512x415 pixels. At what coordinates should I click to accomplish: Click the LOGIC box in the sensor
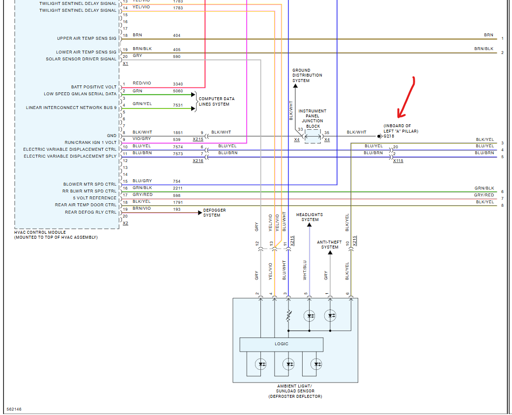(x=281, y=344)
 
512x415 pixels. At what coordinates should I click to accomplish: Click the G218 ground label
(x=389, y=136)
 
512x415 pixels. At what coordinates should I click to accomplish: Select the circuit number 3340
(x=178, y=84)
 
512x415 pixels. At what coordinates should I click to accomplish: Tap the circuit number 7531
(x=178, y=105)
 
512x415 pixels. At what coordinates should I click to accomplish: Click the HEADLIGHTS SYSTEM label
(x=310, y=217)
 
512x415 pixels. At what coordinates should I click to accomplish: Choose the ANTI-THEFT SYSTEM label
(x=330, y=245)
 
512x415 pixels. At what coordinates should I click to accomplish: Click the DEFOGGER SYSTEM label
(x=215, y=213)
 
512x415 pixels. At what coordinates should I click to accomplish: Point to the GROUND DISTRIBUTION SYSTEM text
(x=307, y=76)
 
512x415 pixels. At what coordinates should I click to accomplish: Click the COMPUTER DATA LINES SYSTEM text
(x=216, y=102)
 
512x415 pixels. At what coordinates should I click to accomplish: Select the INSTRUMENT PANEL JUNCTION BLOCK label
(x=313, y=118)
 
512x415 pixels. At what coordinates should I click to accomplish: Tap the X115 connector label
(x=398, y=161)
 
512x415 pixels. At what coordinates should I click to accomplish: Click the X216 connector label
(x=198, y=161)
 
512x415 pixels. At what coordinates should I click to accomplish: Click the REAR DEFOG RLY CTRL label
(x=91, y=212)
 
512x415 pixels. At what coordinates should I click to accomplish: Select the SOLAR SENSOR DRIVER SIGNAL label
(x=82, y=59)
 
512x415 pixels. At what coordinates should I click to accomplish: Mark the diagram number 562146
(x=14, y=409)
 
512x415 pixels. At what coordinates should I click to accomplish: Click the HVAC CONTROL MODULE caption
(x=56, y=235)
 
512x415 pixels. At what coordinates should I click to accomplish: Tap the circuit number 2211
(x=178, y=188)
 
